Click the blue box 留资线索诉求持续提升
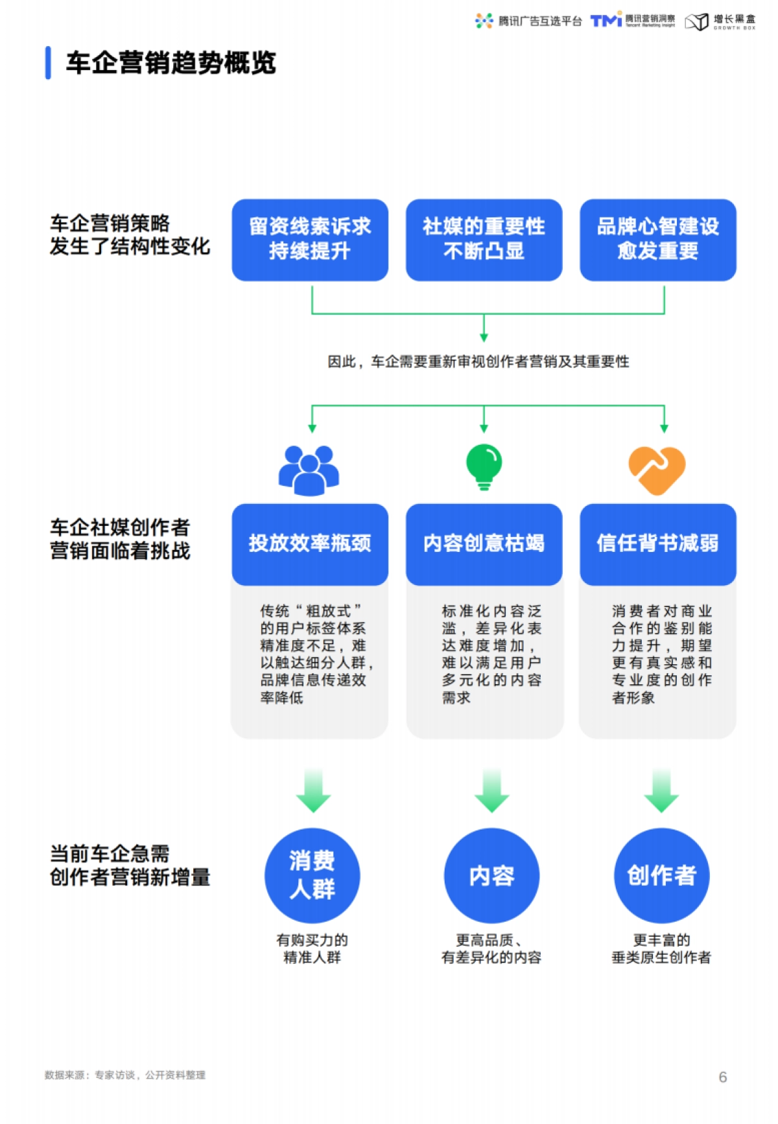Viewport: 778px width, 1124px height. point(310,239)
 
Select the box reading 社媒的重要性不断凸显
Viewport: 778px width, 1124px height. point(484,239)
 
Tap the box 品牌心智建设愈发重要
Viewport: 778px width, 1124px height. point(657,239)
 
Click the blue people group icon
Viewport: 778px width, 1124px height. point(309,470)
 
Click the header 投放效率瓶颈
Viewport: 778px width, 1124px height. point(310,544)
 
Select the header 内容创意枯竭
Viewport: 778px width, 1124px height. point(484,544)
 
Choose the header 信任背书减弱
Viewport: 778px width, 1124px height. point(657,544)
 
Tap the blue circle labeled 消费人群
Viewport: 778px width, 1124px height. point(312,875)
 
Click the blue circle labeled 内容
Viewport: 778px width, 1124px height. point(491,875)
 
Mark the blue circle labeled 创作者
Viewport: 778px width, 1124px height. point(661,875)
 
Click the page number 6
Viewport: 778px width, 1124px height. point(722,1077)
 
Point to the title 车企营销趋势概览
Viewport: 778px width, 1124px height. point(171,63)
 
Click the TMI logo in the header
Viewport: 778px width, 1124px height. point(606,21)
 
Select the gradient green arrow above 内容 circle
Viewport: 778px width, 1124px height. point(491,790)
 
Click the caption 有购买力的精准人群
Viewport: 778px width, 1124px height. point(312,948)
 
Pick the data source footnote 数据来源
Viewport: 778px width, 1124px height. point(124,1075)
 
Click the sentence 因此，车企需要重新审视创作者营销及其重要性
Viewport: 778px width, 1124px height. point(478,361)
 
